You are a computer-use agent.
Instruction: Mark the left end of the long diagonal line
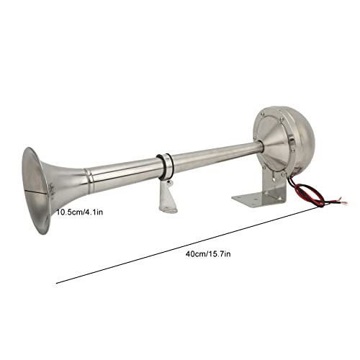pos(57,282)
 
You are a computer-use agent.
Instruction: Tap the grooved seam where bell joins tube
pos(87,176)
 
